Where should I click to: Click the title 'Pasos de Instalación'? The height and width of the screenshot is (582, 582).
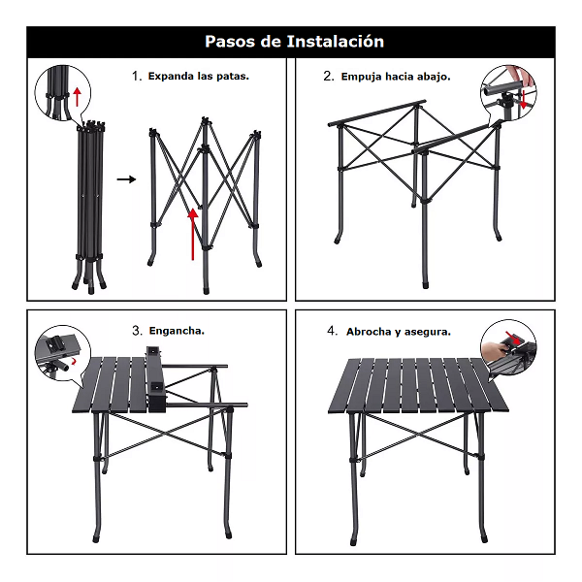point(294,42)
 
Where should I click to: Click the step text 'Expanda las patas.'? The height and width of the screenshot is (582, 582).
point(198,75)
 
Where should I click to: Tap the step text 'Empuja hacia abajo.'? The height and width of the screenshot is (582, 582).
point(395,76)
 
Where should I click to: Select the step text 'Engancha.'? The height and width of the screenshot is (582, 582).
point(176,331)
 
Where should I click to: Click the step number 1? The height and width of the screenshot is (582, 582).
point(137,75)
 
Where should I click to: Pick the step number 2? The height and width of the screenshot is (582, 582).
point(329,76)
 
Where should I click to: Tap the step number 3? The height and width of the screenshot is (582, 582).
point(137,331)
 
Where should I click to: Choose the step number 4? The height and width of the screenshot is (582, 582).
point(332,332)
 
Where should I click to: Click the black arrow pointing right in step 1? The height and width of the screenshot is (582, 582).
point(126,179)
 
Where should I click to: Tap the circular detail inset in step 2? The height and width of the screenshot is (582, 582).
point(508,94)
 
